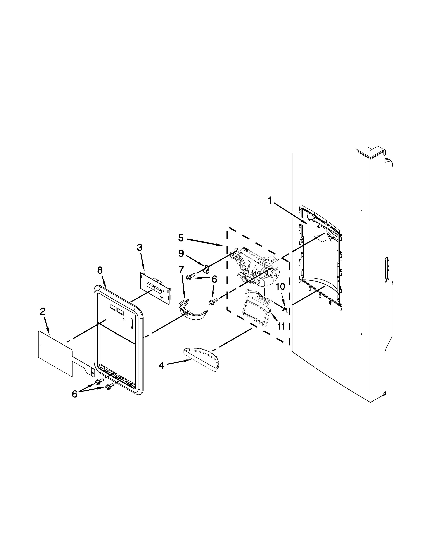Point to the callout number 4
click(161, 366)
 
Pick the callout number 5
click(181, 238)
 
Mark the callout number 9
click(181, 253)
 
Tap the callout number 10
click(280, 286)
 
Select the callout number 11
click(281, 326)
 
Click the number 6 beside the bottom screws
click(75, 394)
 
